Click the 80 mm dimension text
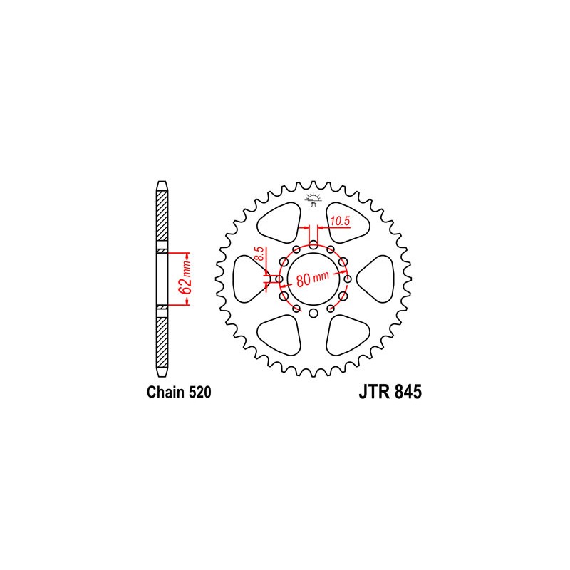[313, 279]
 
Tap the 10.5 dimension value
[340, 221]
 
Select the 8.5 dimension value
[259, 254]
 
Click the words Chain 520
[179, 393]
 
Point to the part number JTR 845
[390, 392]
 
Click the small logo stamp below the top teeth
[313, 199]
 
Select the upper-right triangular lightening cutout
[348, 223]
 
